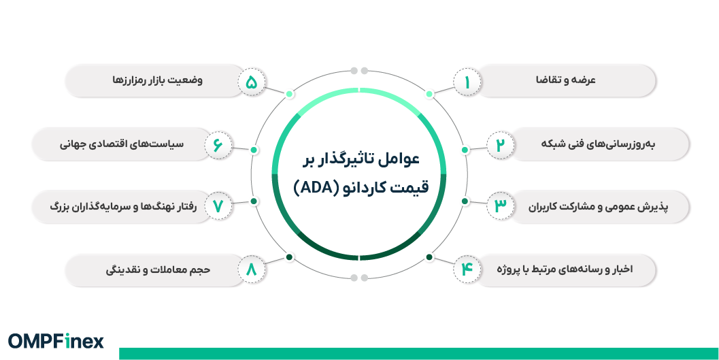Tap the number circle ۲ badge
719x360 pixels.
tap(500, 145)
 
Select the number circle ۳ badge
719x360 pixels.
tap(500, 206)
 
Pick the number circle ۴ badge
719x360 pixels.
tap(467, 269)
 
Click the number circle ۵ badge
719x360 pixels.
tap(251, 82)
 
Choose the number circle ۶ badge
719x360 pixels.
tap(218, 145)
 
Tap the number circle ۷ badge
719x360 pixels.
tap(218, 206)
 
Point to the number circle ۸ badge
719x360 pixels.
tap(251, 269)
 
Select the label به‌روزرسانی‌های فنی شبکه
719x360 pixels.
tap(591, 144)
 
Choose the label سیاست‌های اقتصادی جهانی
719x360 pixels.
tap(129, 144)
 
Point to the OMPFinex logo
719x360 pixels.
tap(56, 341)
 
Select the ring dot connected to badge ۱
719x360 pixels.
tap(429, 94)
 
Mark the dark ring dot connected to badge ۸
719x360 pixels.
tap(289, 257)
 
